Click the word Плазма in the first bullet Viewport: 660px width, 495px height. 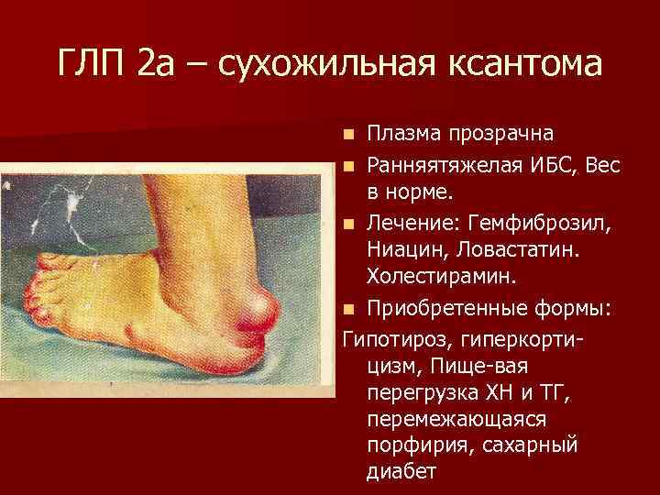coord(404,134)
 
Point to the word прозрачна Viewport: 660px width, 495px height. coord(500,134)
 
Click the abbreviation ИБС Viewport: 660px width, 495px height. coord(548,165)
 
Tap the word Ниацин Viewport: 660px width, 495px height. coord(403,249)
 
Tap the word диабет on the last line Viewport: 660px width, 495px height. coord(401,472)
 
